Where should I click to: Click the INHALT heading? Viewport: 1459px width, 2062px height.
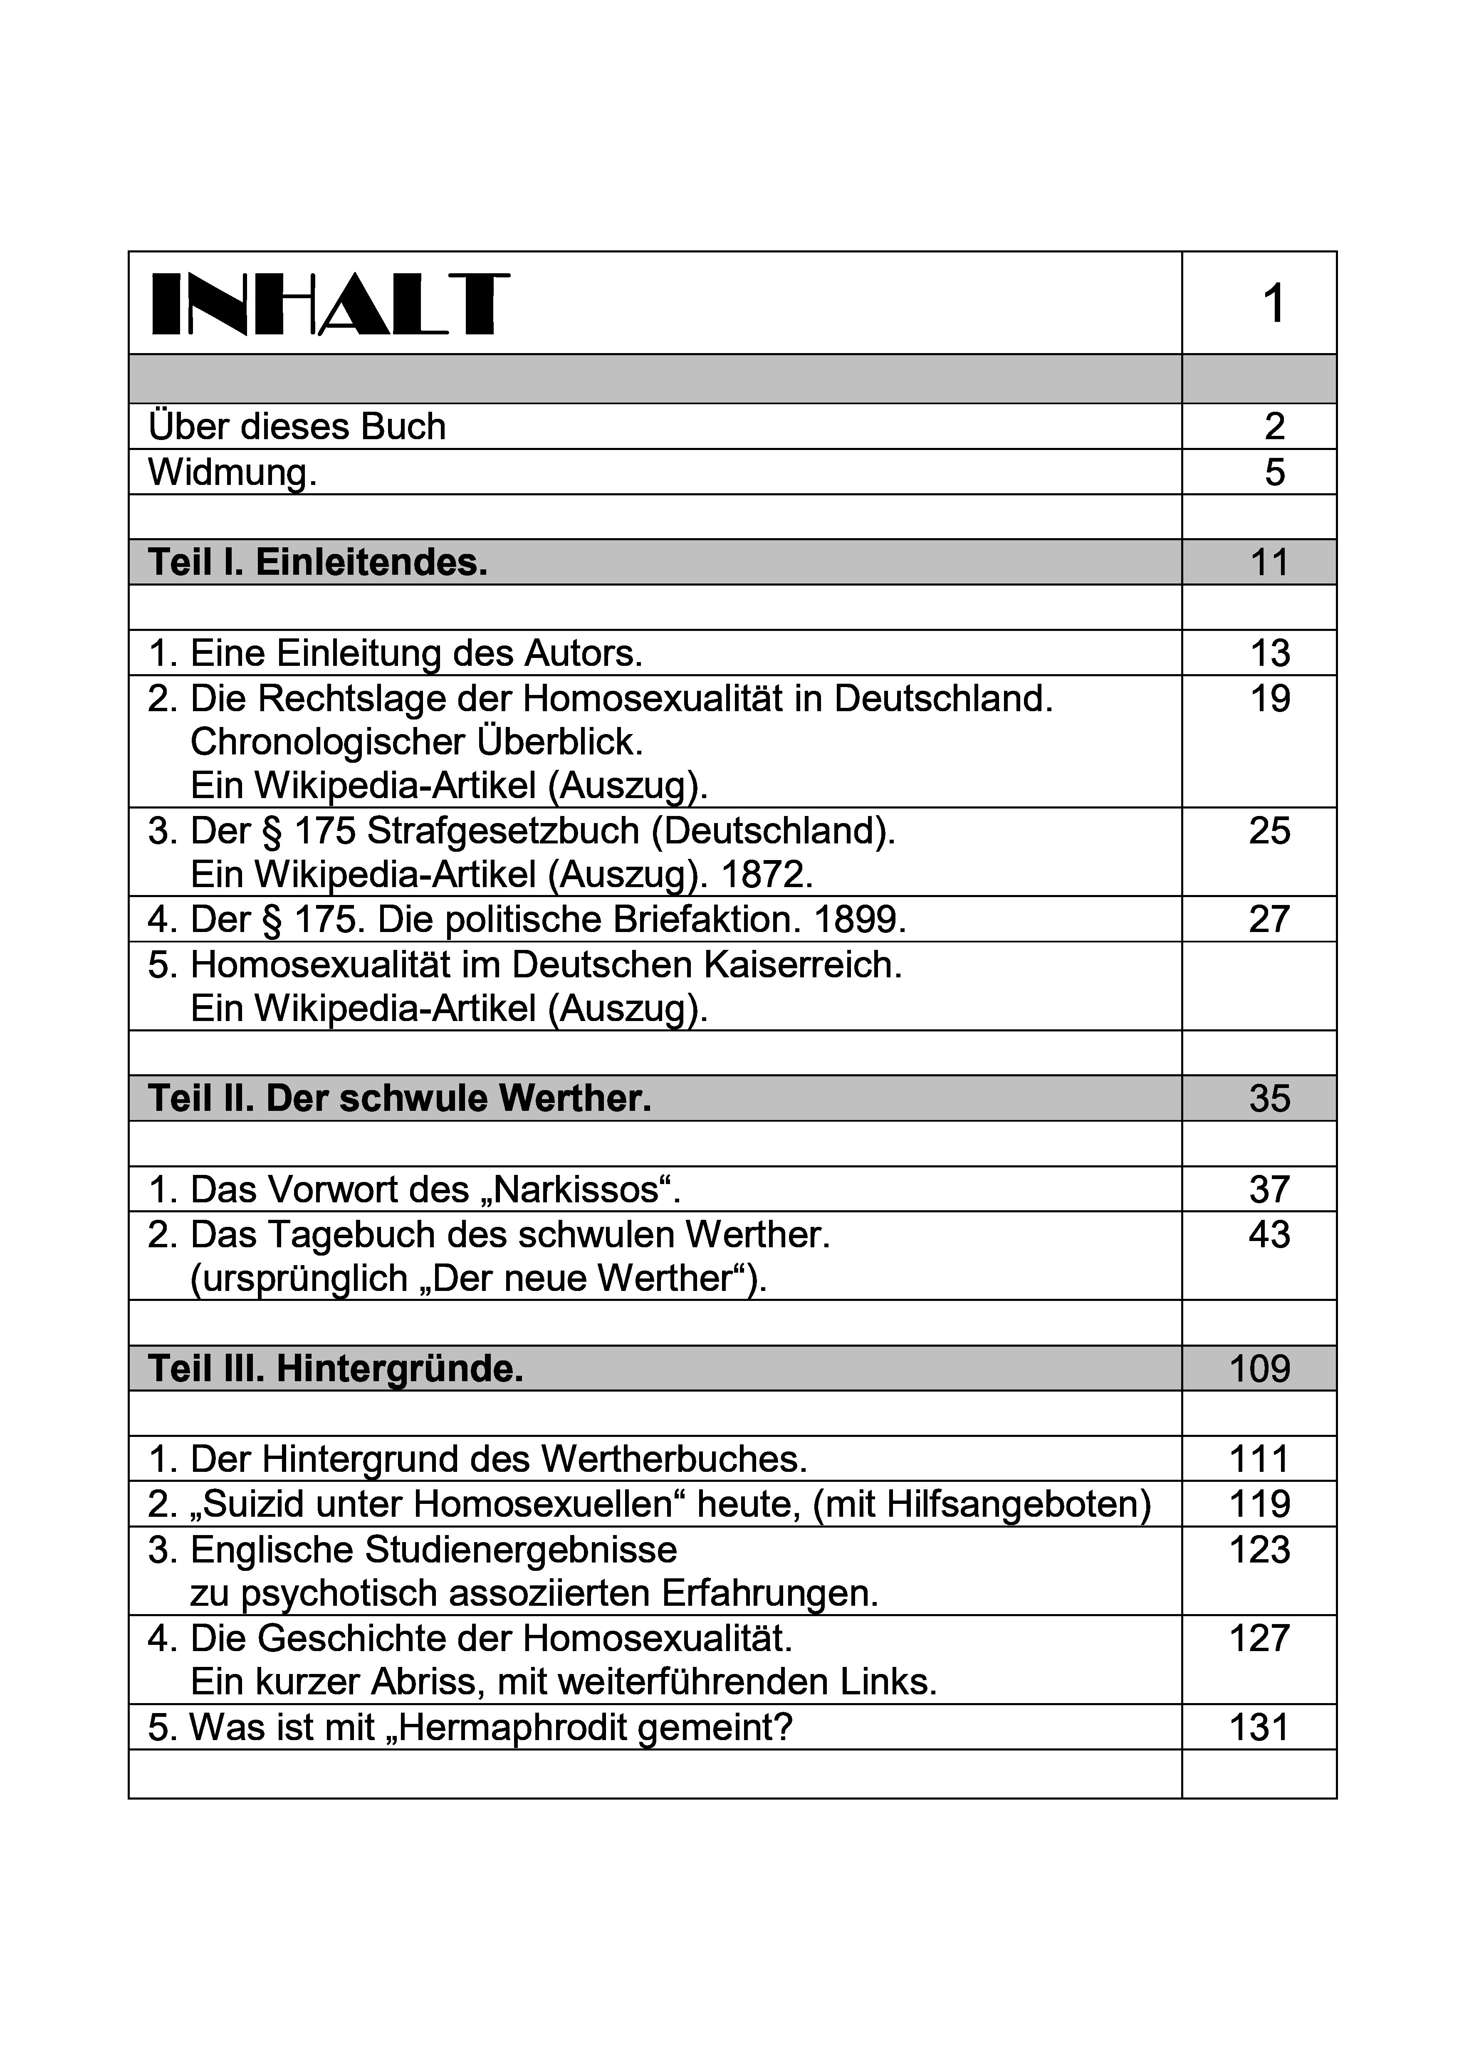point(330,304)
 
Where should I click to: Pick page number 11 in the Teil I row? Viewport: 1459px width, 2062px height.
point(1269,562)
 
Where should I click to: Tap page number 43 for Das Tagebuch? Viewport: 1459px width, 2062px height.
point(1269,1234)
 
